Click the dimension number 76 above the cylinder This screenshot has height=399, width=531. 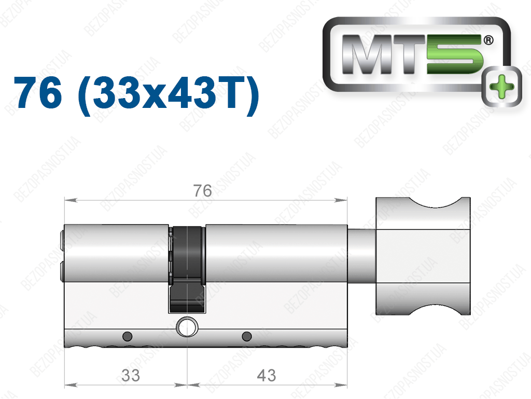[203, 191]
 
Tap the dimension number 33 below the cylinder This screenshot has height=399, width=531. [130, 375]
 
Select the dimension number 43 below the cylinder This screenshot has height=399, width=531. [267, 375]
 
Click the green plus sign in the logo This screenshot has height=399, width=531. [502, 87]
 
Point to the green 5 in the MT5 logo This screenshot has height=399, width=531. [454, 54]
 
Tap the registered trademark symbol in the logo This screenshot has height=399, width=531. [488, 40]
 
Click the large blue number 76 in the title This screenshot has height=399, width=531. [38, 92]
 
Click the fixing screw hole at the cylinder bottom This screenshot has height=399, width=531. [187, 327]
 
